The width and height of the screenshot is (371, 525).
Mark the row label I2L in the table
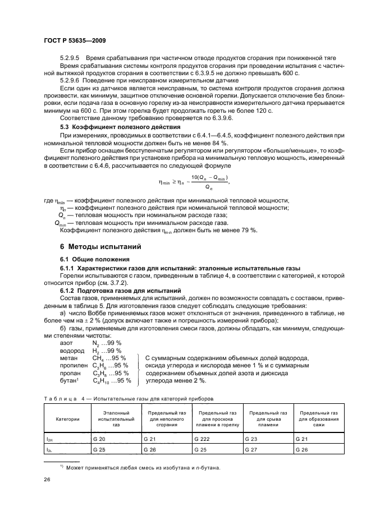pos(49,449)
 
